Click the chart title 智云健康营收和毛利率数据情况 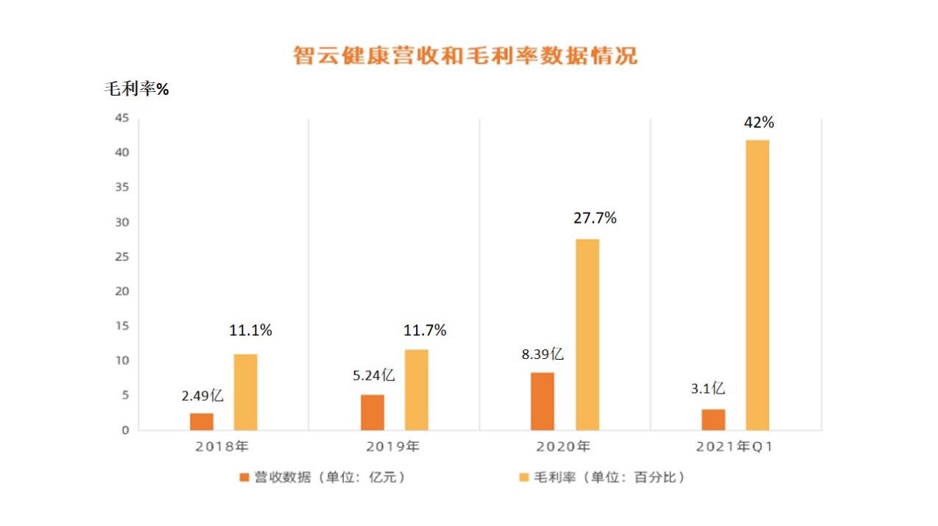click(465, 56)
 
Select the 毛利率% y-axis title click(136, 90)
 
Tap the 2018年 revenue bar click(202, 422)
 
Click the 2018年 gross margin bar click(246, 392)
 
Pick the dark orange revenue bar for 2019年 click(373, 412)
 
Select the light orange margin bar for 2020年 click(588, 335)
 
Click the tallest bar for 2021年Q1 click(758, 285)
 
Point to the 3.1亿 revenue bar click(713, 419)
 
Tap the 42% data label click(758, 123)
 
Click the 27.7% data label click(594, 218)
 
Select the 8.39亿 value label click(543, 355)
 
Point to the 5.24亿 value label click(373, 376)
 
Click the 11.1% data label click(250, 331)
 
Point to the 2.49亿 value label click(202, 396)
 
